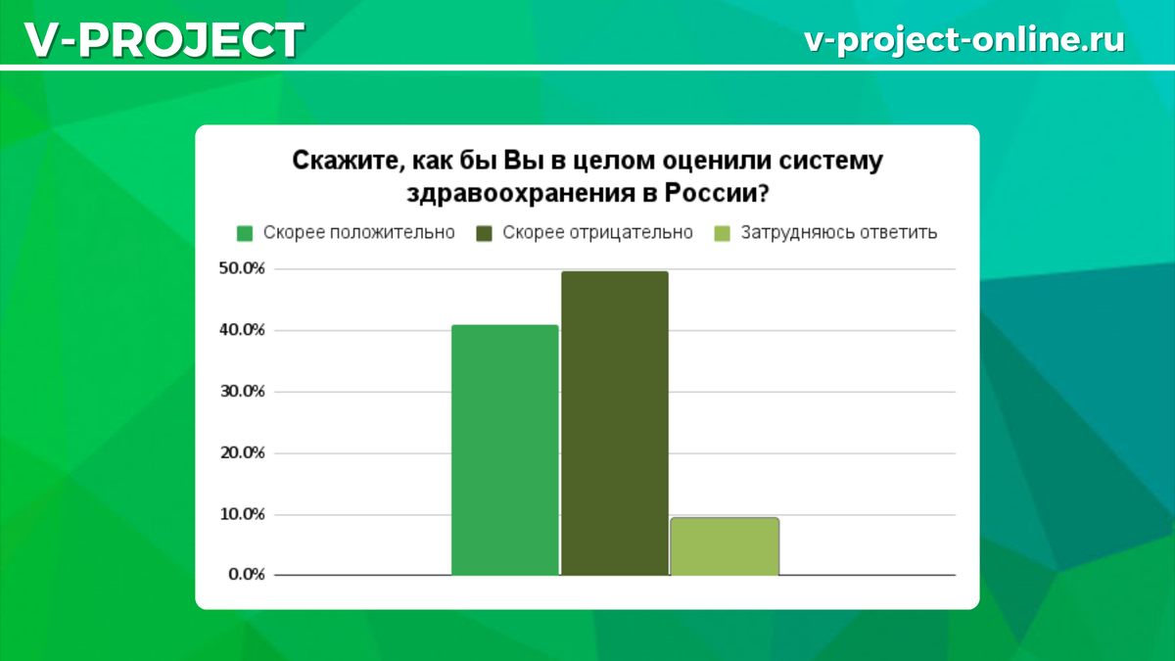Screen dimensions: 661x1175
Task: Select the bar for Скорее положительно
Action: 505,449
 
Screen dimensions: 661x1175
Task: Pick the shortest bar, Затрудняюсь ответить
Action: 725,545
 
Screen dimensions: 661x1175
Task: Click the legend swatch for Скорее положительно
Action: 245,233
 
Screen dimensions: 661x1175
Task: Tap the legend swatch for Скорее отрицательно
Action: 484,233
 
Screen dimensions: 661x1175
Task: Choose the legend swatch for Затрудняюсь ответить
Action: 723,233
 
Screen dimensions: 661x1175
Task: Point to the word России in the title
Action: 714,191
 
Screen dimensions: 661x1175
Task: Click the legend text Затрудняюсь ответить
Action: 839,233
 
